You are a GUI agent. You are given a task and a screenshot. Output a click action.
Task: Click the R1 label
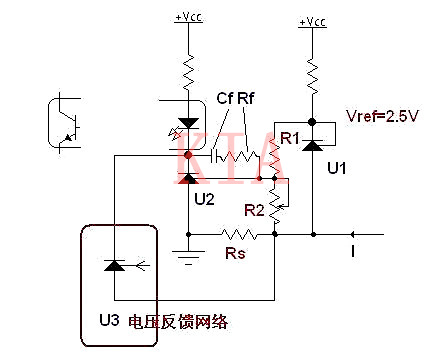[x=287, y=138]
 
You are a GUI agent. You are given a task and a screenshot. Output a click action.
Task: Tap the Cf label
[x=226, y=98]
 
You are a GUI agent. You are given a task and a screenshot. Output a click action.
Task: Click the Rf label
[x=247, y=98]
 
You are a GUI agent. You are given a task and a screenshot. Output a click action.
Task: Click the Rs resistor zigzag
[x=237, y=235]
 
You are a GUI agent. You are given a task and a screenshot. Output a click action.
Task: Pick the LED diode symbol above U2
[x=187, y=123]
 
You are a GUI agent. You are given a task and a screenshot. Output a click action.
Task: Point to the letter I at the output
[x=352, y=250]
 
